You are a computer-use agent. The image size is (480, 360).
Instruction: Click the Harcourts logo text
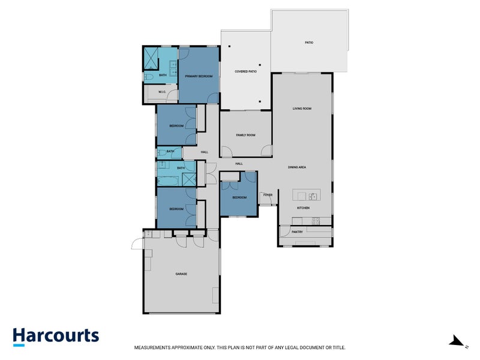56,336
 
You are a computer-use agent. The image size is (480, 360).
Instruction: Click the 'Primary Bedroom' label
199,76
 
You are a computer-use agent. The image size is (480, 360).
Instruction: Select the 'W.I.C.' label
162,92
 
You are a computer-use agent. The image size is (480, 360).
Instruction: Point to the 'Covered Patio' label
245,72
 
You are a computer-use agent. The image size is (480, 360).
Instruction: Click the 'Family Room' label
245,135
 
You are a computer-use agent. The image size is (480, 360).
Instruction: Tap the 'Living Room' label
302,109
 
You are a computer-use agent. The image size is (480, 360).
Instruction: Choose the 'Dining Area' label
297,167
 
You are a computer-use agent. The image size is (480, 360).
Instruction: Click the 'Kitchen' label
303,208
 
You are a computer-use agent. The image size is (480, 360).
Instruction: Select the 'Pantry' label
297,231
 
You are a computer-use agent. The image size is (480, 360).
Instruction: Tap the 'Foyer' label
268,195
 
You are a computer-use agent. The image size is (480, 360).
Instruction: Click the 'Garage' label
181,274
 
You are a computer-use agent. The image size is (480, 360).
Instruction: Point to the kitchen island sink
313,196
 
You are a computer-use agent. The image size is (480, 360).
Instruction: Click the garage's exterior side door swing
137,243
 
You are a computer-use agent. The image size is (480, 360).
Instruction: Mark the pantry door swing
284,231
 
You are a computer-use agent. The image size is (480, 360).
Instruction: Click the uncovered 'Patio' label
309,43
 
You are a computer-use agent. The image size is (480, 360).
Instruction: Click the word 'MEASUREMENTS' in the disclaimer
154,347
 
